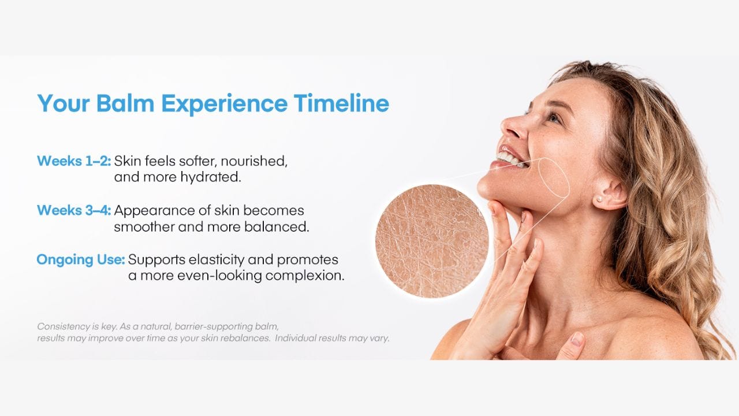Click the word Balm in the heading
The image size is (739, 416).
click(x=125, y=103)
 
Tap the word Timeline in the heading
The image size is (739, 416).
click(x=341, y=103)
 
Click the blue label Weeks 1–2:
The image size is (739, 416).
click(x=74, y=161)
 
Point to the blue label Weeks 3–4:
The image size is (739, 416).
click(x=74, y=210)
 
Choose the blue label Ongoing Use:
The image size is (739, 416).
click(x=81, y=260)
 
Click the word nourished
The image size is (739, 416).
click(x=254, y=161)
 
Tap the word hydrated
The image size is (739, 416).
click(x=211, y=177)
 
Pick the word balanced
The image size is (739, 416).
click(x=277, y=227)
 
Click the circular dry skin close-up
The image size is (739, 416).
click(x=431, y=242)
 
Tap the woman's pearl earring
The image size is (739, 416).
click(x=599, y=199)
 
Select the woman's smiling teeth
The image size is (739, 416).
click(x=510, y=158)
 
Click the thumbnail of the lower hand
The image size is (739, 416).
click(x=577, y=339)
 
